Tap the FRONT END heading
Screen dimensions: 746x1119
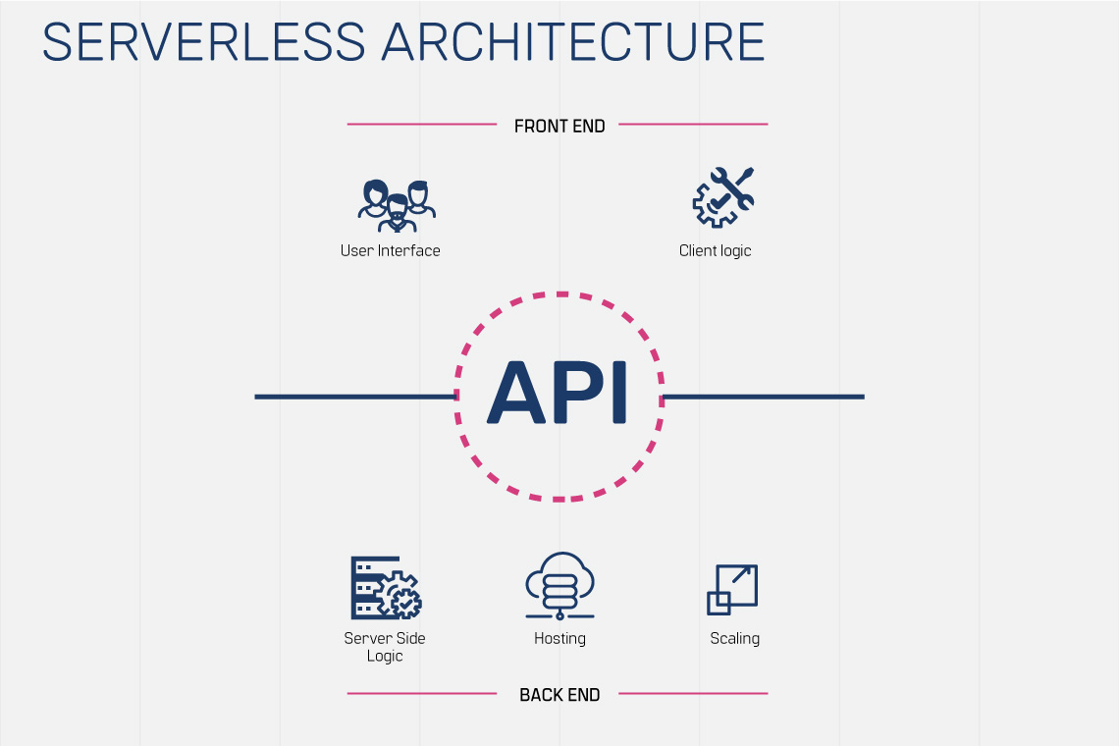pos(559,126)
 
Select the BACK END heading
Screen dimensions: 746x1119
pos(559,695)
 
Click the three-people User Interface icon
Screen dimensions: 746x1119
pos(397,203)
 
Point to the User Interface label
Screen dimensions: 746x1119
pos(390,250)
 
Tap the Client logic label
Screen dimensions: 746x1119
pos(715,250)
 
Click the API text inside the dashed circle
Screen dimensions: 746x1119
pos(558,393)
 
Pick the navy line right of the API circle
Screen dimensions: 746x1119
pos(764,397)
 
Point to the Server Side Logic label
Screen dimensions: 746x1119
pos(385,647)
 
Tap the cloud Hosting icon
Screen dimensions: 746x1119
pos(559,586)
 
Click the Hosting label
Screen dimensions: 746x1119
pos(559,638)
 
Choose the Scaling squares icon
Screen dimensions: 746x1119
pos(732,590)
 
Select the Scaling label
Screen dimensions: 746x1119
pos(734,638)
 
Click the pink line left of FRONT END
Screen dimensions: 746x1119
pos(422,125)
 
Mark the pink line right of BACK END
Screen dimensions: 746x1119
pos(693,694)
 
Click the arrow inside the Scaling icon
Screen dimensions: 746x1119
pos(742,576)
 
